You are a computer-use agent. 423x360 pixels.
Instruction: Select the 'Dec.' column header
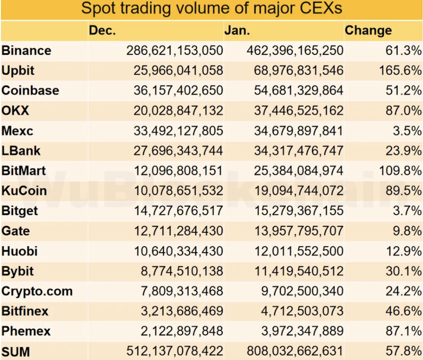click(x=102, y=30)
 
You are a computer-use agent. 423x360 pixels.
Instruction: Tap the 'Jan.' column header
click(x=237, y=30)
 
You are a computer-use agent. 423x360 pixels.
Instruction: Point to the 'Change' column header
click(x=368, y=30)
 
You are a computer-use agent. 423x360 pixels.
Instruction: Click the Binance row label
click(x=26, y=51)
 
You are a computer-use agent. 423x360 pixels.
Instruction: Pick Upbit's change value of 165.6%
click(x=400, y=71)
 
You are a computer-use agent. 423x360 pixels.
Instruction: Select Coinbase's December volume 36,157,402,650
click(x=178, y=91)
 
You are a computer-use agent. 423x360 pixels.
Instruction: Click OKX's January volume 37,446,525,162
click(x=299, y=111)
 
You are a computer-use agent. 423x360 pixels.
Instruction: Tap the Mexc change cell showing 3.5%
click(x=407, y=131)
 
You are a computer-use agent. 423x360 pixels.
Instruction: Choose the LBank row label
click(x=21, y=151)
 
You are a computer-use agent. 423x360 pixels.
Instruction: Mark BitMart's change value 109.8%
click(x=400, y=171)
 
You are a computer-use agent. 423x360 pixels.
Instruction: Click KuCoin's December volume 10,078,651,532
click(x=178, y=191)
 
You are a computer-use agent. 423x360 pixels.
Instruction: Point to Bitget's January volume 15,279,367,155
click(x=299, y=211)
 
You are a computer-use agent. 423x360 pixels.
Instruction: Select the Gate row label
click(x=16, y=231)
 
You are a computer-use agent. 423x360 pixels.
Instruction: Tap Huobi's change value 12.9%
click(x=404, y=251)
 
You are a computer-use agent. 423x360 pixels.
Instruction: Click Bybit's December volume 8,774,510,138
click(x=182, y=271)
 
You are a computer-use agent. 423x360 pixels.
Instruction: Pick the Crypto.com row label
click(x=37, y=291)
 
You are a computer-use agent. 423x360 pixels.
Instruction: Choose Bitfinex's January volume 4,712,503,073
click(x=302, y=311)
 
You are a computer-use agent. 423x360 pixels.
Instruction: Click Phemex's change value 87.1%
click(x=404, y=331)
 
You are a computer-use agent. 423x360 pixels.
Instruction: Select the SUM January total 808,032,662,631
click(x=295, y=351)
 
